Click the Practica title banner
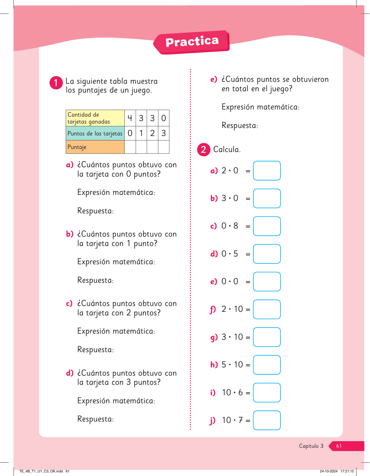pos(192,42)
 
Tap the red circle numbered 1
pos(56,83)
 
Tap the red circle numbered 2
pos(204,150)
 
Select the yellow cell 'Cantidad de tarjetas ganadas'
pos(95,118)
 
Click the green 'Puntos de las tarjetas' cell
pos(95,134)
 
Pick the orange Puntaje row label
pos(95,147)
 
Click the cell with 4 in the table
pos(130,118)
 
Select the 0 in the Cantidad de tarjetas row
pos(164,118)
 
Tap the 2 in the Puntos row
pos(152,133)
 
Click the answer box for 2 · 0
pos(267,171)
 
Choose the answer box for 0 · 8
pos(267,226)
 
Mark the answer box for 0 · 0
pos(267,282)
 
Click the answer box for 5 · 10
pos(267,365)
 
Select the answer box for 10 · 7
pos(267,420)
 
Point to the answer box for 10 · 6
pos(267,393)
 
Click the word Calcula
pos(227,150)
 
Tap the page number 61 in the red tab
pos(339,446)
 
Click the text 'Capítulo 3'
pos(311,446)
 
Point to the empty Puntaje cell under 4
pos(130,147)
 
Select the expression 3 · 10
pos(232,337)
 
